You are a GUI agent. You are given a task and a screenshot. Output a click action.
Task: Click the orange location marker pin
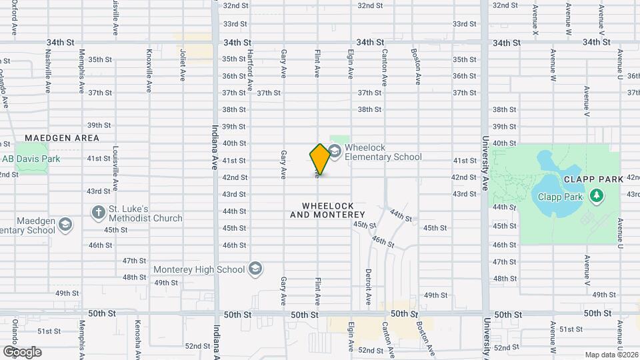[x=320, y=159]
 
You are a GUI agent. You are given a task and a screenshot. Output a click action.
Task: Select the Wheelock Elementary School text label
[x=383, y=153]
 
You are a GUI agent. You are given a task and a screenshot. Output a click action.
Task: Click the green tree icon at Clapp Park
[x=597, y=195]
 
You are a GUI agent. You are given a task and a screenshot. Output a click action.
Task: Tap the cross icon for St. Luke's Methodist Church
[x=98, y=213]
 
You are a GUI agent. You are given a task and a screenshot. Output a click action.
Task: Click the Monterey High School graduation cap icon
[x=254, y=269]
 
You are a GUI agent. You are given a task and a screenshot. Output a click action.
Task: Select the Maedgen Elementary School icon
[x=65, y=224]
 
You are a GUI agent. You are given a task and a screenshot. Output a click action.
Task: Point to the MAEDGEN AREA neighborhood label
[x=62, y=138]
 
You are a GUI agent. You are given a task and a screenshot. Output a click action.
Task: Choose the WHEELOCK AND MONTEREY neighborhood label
[x=327, y=210]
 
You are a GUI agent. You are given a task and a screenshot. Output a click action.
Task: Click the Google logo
[x=21, y=352]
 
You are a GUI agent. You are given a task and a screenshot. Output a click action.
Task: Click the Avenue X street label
[x=535, y=19]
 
